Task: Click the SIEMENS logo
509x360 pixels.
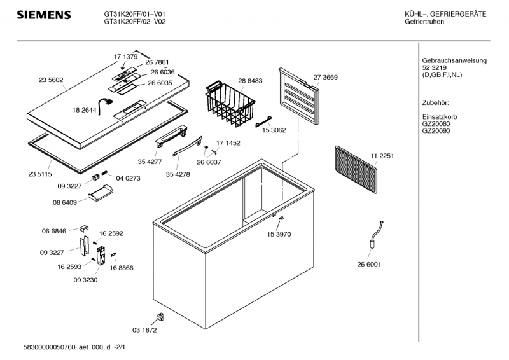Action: click(43, 15)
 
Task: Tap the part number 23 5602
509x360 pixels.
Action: click(51, 80)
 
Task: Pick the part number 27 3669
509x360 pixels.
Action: click(325, 77)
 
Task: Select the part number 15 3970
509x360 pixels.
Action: click(278, 235)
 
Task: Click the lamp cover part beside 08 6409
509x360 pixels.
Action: click(101, 195)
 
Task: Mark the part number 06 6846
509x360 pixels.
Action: click(54, 232)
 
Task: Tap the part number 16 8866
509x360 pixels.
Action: click(122, 268)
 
